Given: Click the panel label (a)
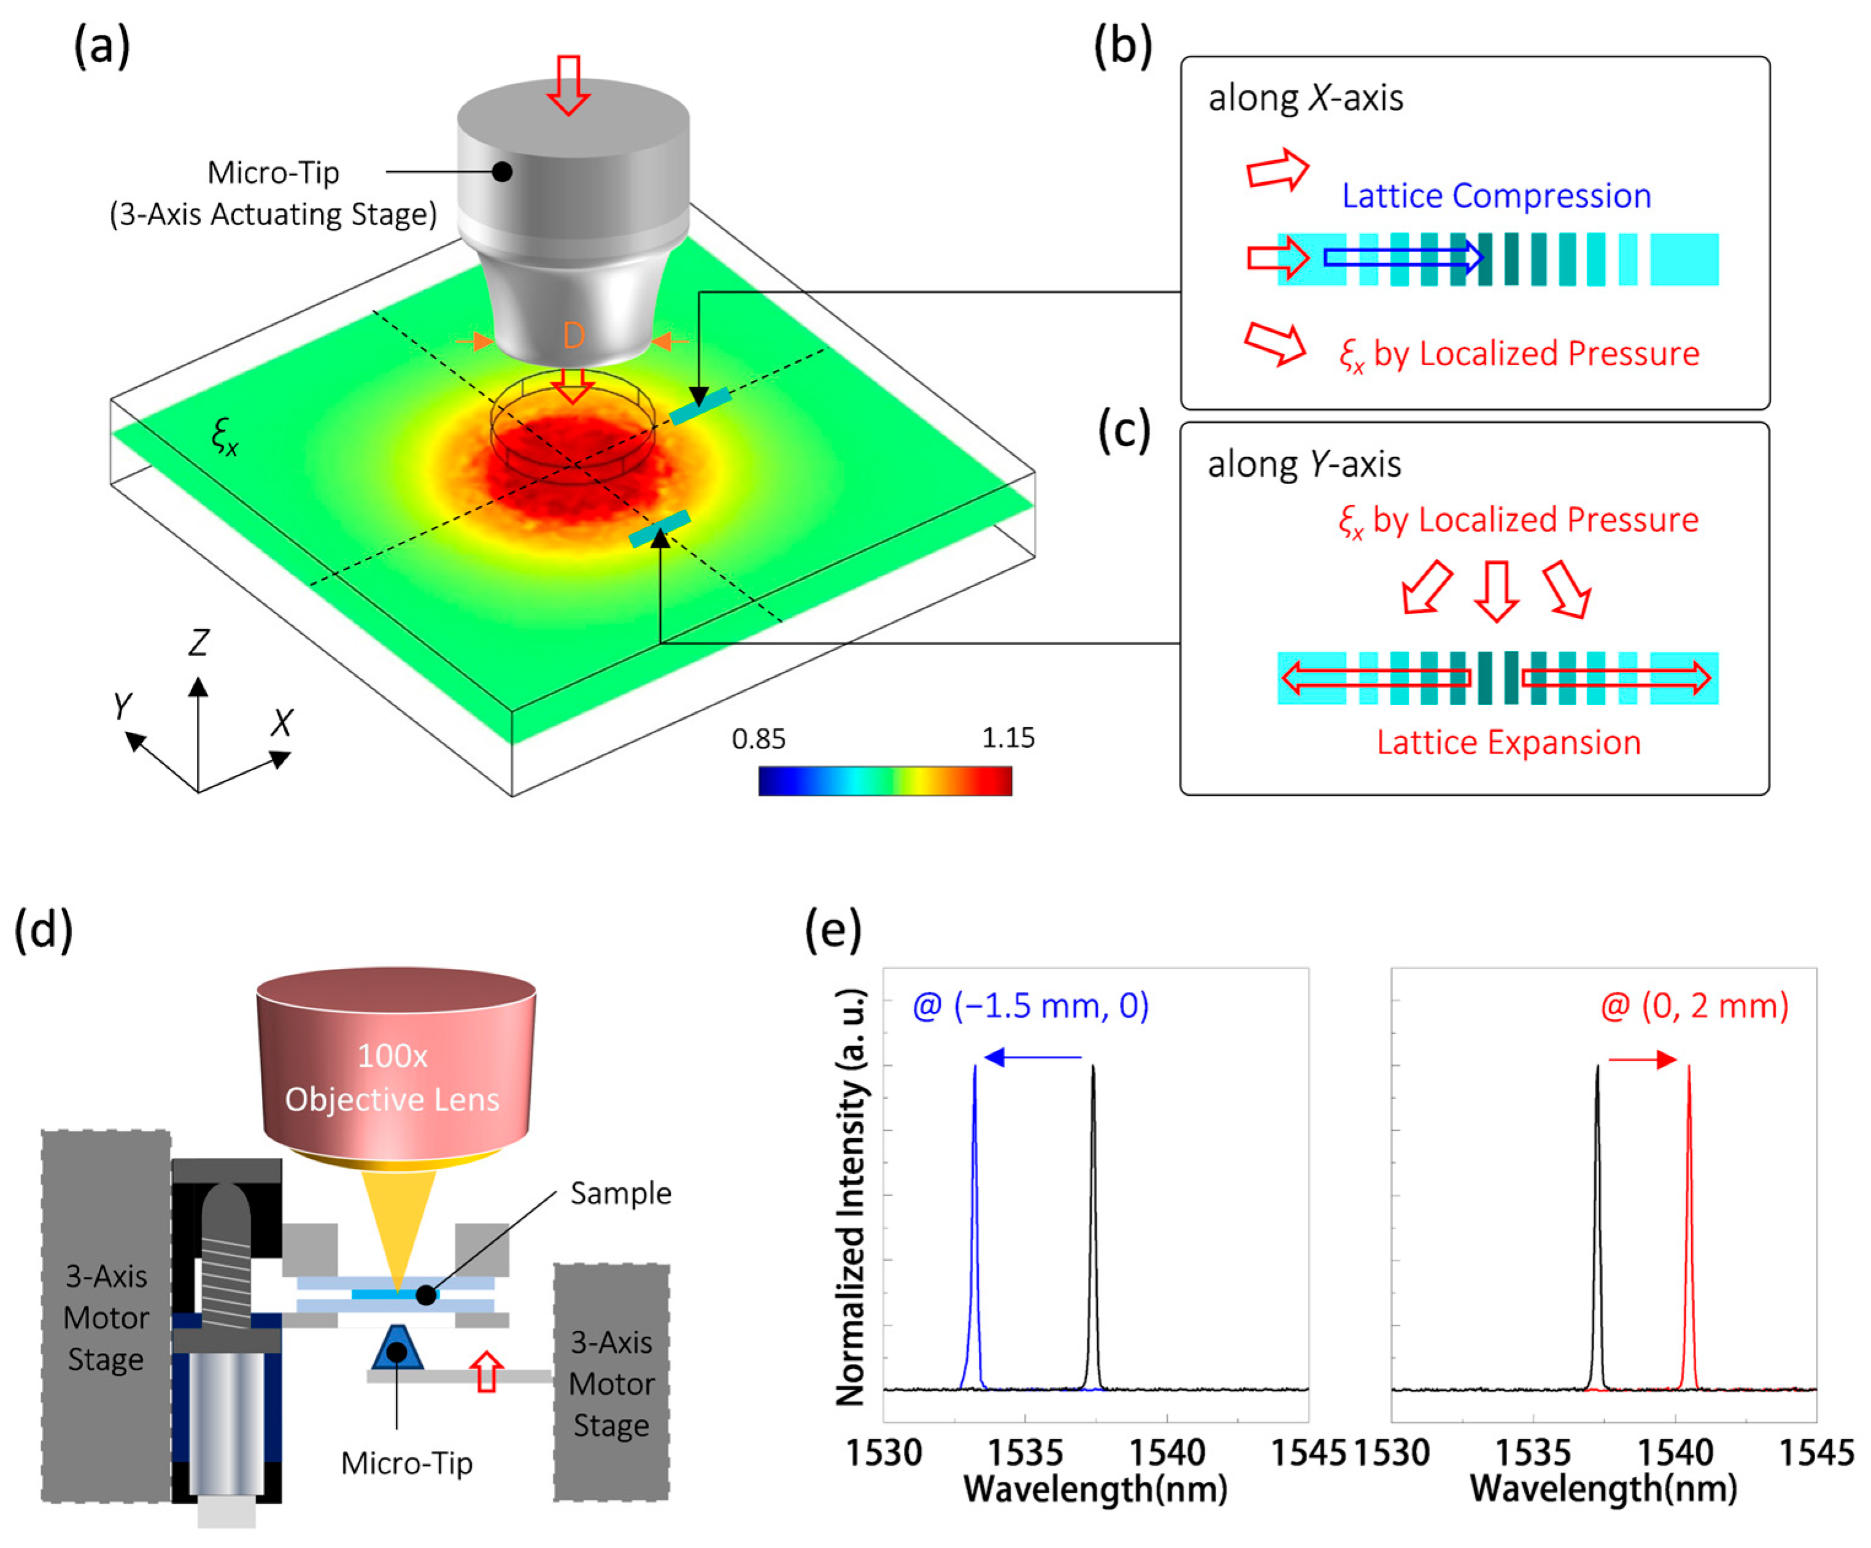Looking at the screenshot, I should (x=102, y=46).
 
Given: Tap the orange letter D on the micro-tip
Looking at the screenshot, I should (x=573, y=336).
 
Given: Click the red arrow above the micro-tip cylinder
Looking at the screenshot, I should (x=568, y=85).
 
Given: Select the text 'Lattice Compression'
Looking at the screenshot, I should (x=1496, y=196).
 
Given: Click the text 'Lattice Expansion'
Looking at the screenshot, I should (x=1508, y=742).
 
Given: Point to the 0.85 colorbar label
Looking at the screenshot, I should (x=758, y=738).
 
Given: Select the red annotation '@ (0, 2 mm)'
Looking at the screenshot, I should (x=1694, y=1006).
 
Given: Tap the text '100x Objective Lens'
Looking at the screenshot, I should (x=392, y=1078).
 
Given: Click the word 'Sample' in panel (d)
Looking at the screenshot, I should (x=620, y=1193).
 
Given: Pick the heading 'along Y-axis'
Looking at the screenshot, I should (x=1303, y=464).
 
